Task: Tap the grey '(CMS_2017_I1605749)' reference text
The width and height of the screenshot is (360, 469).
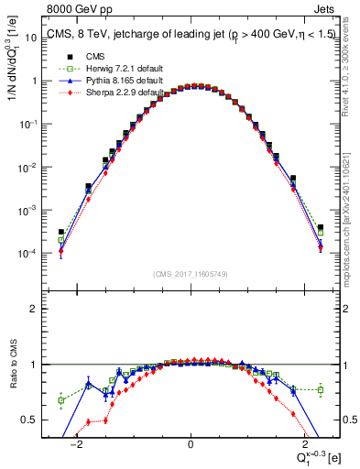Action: point(191,274)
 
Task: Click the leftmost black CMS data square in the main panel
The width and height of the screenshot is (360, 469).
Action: point(61,233)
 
